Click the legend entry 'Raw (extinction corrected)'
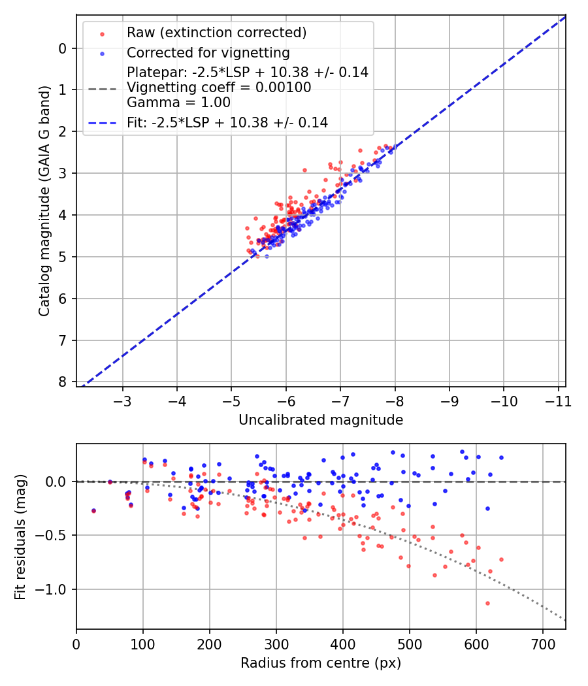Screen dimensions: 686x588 [x=216, y=33]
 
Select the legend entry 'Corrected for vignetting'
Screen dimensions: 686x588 [x=208, y=52]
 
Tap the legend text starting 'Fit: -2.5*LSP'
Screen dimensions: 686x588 [x=227, y=122]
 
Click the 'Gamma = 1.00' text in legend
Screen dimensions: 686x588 [x=178, y=103]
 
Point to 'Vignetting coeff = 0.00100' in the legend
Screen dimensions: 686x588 [x=219, y=88]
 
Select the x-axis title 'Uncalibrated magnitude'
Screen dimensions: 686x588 [x=321, y=420]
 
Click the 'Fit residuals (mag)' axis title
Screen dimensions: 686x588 [x=20, y=536]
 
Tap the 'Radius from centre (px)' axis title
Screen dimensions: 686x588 [x=321, y=663]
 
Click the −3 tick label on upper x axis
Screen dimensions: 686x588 [x=123, y=400]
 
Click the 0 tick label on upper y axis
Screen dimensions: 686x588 [x=63, y=48]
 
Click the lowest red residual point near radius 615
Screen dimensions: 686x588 [x=487, y=603]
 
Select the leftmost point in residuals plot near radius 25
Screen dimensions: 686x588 [x=93, y=510]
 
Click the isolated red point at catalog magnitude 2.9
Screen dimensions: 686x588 [x=304, y=170]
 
